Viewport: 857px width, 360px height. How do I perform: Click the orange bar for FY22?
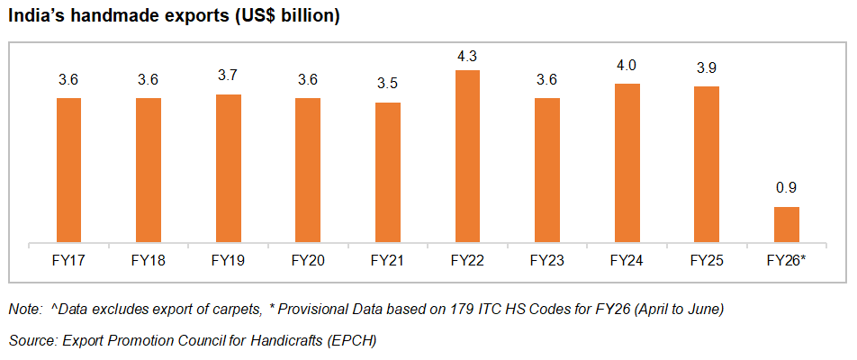point(467,156)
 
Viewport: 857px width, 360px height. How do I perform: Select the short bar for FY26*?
point(787,224)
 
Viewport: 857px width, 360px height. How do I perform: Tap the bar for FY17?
point(68,169)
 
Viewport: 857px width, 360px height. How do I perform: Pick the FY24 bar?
point(627,162)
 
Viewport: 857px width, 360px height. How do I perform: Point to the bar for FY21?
point(387,172)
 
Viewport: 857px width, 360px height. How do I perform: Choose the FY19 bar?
point(228,167)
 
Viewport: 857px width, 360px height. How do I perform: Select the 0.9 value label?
point(787,189)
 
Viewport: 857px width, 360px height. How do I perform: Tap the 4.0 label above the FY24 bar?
point(627,66)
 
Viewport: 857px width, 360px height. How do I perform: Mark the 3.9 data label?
point(707,68)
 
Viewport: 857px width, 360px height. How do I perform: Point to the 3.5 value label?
point(387,85)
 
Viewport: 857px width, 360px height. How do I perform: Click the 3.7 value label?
point(228,76)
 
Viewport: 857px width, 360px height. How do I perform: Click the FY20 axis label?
point(308,261)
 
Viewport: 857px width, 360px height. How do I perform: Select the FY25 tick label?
point(707,261)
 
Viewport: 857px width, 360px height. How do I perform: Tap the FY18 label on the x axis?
point(149,261)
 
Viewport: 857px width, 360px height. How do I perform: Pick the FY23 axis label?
point(547,261)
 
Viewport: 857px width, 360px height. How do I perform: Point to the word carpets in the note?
point(234,310)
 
